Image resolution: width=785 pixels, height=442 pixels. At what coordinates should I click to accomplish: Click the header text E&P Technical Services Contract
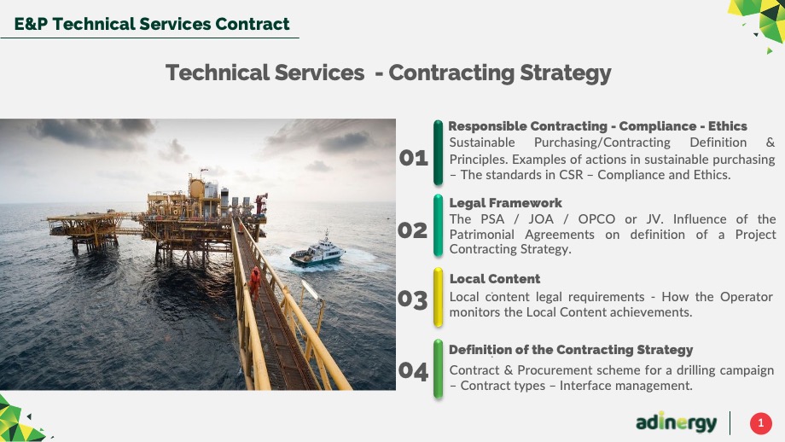pyautogui.click(x=152, y=24)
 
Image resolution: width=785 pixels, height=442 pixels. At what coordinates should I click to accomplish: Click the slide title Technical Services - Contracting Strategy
pyautogui.click(x=388, y=73)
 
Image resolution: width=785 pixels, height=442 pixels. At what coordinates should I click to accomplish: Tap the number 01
pyautogui.click(x=414, y=158)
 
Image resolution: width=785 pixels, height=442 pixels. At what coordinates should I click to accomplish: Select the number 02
pyautogui.click(x=412, y=230)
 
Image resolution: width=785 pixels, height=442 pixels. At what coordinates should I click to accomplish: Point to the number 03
pyautogui.click(x=412, y=300)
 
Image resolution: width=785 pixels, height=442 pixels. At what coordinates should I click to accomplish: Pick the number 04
pyautogui.click(x=413, y=371)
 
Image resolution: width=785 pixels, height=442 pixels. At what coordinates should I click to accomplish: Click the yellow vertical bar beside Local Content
pyautogui.click(x=438, y=297)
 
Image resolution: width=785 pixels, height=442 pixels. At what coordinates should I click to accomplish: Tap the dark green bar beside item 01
pyautogui.click(x=438, y=153)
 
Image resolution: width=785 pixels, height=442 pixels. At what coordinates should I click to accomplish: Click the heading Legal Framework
pyautogui.click(x=506, y=203)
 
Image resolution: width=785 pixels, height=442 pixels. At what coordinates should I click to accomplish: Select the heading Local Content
pyautogui.click(x=495, y=279)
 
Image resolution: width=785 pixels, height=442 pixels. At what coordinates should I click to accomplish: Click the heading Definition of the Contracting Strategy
pyautogui.click(x=571, y=350)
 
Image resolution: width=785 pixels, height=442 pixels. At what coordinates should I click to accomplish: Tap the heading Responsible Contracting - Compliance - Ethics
pyautogui.click(x=598, y=126)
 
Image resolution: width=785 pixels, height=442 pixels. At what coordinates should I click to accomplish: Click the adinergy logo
pyautogui.click(x=677, y=422)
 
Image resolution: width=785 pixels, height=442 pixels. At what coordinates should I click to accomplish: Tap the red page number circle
pyautogui.click(x=760, y=423)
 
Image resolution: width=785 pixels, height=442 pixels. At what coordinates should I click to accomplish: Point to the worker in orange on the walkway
pyautogui.click(x=255, y=282)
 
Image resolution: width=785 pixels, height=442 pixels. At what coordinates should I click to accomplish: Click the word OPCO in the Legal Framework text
pyautogui.click(x=596, y=219)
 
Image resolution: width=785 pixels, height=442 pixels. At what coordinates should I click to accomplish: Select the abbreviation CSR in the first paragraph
pyautogui.click(x=571, y=175)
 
